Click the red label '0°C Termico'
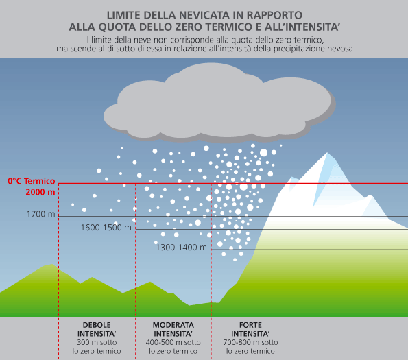point(32,181)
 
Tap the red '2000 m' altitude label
point(40,192)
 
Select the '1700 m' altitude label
point(41,214)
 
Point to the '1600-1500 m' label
point(106,228)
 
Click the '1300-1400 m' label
point(181,248)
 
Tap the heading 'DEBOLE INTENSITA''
point(97,329)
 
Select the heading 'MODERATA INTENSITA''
point(173,329)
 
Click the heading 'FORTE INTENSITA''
point(250,329)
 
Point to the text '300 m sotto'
point(97,342)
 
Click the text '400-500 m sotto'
point(173,342)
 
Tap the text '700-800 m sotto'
point(250,342)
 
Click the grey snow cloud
point(219,104)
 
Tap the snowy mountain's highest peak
point(327,153)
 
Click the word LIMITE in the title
point(123,15)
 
